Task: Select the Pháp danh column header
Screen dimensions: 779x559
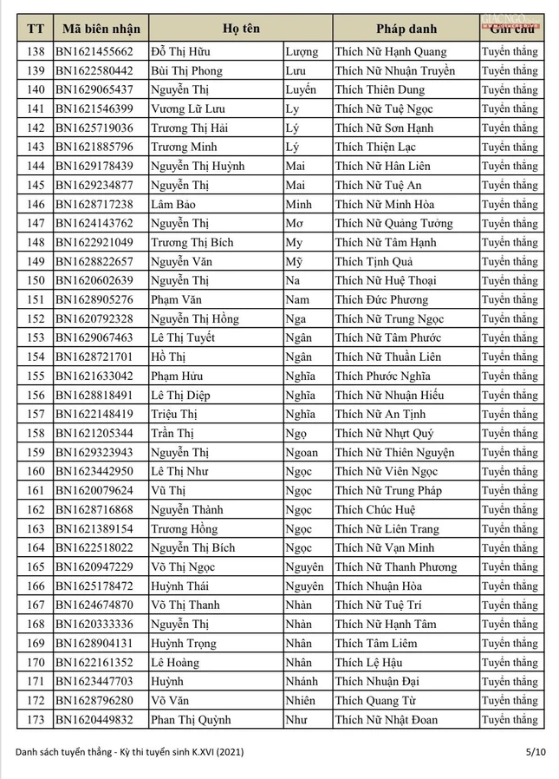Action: click(405, 29)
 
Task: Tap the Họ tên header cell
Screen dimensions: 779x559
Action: click(240, 29)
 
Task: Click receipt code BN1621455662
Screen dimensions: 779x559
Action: click(94, 52)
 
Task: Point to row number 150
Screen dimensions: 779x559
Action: click(36, 281)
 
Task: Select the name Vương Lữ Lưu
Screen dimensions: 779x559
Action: click(187, 109)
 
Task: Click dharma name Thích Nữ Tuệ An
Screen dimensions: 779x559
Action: click(379, 186)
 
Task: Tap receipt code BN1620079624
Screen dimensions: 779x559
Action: click(94, 491)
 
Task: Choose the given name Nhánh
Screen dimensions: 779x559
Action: click(301, 682)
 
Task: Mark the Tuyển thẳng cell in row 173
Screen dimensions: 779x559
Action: click(510, 720)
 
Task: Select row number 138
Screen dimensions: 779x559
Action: click(36, 52)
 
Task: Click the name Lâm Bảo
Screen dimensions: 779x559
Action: click(172, 205)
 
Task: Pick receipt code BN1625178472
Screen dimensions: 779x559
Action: click(94, 586)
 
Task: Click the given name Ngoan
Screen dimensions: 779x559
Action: click(301, 453)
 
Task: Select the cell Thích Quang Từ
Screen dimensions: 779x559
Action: click(376, 701)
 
